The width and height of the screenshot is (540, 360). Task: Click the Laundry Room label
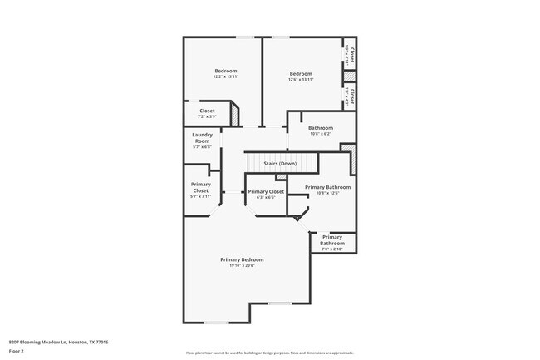point(202,137)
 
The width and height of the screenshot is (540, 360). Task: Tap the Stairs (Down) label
point(280,164)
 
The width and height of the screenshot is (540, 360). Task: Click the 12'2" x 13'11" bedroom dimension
point(226,76)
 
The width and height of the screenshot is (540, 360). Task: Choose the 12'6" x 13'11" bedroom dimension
point(301,80)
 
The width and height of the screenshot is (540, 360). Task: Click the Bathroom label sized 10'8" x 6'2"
point(321,128)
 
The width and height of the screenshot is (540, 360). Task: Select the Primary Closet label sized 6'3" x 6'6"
point(266,192)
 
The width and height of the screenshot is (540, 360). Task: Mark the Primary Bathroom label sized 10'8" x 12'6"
point(327,188)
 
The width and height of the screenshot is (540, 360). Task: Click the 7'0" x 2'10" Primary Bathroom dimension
point(331,249)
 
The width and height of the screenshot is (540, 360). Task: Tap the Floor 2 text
point(17,351)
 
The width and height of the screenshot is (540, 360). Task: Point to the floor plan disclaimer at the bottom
point(270,353)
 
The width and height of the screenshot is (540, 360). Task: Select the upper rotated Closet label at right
point(352,55)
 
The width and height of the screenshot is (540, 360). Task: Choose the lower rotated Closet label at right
point(352,96)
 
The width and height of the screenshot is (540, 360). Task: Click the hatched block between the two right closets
point(350,76)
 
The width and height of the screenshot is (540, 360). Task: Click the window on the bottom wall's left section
point(216,323)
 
